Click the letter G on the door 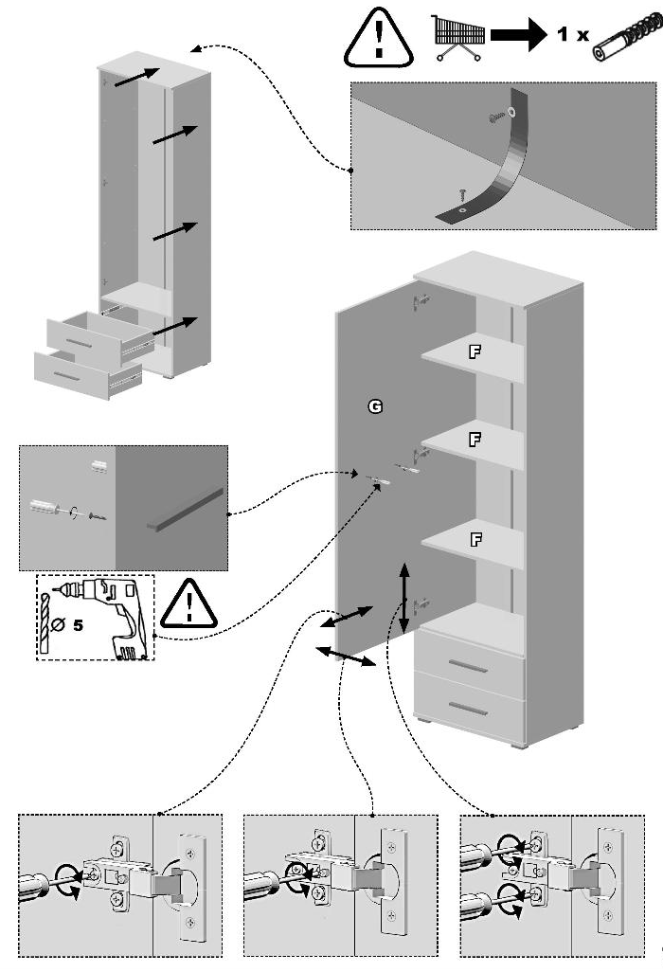(375, 406)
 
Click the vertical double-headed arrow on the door (404, 599)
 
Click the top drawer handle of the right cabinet (468, 667)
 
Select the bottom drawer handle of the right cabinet (468, 709)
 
